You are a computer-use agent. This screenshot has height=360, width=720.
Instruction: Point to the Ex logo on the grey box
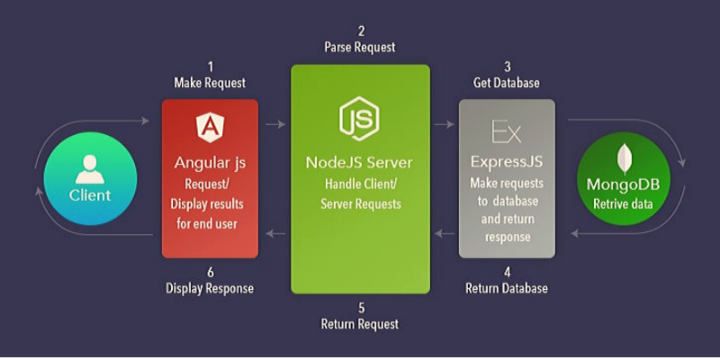coord(507,131)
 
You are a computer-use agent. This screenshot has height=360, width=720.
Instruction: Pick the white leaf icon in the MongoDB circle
coord(623,158)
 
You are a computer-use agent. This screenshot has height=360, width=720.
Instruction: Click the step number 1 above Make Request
coord(210,66)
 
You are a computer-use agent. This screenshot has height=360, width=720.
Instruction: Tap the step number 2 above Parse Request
coord(359,30)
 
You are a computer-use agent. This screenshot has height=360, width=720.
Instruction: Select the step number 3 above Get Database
coord(507,66)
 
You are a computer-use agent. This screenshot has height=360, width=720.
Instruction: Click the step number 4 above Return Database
coord(507,271)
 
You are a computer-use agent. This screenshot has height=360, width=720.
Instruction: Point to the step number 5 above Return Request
coord(359,307)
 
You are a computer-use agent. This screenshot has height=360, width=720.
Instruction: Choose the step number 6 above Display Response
coord(210,271)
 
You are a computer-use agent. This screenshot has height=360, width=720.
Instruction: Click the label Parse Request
coord(359,47)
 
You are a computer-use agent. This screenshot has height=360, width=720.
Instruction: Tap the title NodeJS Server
coord(359,163)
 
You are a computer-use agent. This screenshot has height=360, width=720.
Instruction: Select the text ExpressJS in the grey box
coord(507,163)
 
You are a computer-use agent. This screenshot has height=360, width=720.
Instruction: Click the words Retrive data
coord(623,203)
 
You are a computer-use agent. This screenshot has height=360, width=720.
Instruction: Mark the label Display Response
coord(210,289)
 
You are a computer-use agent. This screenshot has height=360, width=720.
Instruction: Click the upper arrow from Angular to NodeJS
coord(274,124)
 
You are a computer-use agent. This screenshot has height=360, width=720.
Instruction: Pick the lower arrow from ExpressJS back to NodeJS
coord(444,234)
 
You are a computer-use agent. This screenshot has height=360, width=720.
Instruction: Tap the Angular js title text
coord(210,164)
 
